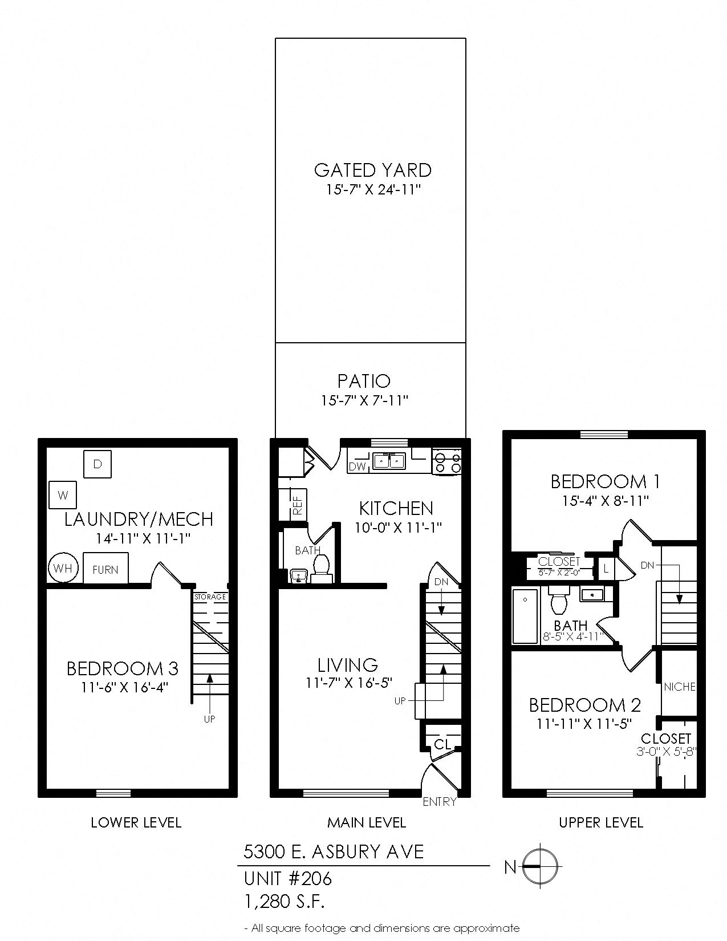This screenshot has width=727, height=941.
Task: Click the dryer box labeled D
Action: tap(98, 464)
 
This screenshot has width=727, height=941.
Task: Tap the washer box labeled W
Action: tap(63, 495)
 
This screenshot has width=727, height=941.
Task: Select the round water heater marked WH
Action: tap(63, 568)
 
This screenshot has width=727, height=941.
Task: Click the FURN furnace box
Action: tap(105, 569)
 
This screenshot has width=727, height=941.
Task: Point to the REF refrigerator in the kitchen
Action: tap(297, 504)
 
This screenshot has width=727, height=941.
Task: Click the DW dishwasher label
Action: tap(358, 467)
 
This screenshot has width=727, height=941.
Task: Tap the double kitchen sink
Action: tap(389, 460)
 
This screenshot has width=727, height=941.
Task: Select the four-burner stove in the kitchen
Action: tap(447, 461)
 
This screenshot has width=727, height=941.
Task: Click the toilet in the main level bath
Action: tap(322, 567)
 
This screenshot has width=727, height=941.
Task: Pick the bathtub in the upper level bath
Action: tap(525, 616)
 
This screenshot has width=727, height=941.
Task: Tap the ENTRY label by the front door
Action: tap(439, 801)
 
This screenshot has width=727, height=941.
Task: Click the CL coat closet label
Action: tap(442, 744)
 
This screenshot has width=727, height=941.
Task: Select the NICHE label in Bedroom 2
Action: tap(679, 687)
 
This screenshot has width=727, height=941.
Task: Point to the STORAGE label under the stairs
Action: tap(210, 597)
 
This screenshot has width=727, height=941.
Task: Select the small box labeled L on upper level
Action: tap(606, 569)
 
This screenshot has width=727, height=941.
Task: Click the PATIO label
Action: tap(364, 380)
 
